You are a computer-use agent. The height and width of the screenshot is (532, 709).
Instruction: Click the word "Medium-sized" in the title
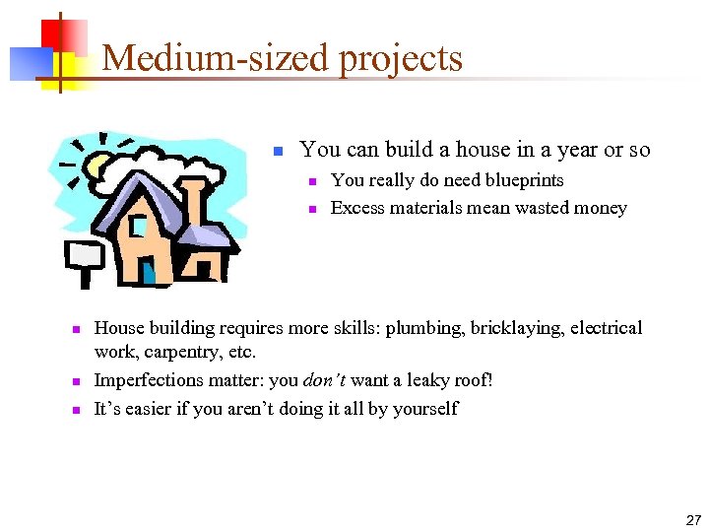tap(217, 59)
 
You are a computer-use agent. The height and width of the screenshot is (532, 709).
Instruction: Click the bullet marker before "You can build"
tap(278, 151)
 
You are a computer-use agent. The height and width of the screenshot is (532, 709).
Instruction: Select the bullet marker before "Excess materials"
tap(310, 209)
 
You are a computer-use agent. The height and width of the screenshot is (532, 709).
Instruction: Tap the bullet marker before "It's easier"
tap(75, 409)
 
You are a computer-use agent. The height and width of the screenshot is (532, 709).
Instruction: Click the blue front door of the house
tap(148, 271)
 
